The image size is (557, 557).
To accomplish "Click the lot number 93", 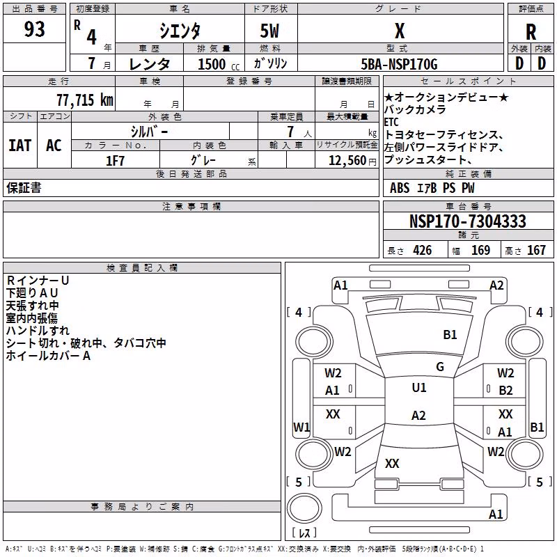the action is pyautogui.click(x=34, y=29).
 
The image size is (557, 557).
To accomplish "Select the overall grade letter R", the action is pyautogui.click(x=531, y=32).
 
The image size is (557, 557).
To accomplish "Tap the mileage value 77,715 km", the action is pyautogui.click(x=85, y=100).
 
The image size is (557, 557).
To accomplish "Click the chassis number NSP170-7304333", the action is pyautogui.click(x=467, y=221).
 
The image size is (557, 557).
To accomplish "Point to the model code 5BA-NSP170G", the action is pyautogui.click(x=399, y=64).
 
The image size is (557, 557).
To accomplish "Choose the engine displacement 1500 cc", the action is pyautogui.click(x=219, y=64).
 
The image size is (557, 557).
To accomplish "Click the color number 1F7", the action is pyautogui.click(x=115, y=161).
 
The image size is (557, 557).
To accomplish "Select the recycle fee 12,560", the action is pyautogui.click(x=347, y=161).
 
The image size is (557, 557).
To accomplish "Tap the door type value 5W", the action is pyautogui.click(x=269, y=31).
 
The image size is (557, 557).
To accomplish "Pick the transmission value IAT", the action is pyautogui.click(x=20, y=146).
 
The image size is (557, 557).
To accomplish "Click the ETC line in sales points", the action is pyautogui.click(x=391, y=123).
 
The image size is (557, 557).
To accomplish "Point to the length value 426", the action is pyautogui.click(x=423, y=250).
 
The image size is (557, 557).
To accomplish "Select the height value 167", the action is pyautogui.click(x=536, y=250).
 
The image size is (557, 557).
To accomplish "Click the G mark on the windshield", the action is pyautogui.click(x=440, y=366).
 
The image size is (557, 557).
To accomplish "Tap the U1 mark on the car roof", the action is pyautogui.click(x=419, y=388).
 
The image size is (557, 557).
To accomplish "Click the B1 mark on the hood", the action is pyautogui.click(x=450, y=335).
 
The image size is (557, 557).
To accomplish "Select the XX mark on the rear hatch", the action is pyautogui.click(x=392, y=464).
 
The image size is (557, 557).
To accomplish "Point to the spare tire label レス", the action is pyautogui.click(x=304, y=533).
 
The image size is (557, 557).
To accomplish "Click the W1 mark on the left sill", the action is pyautogui.click(x=301, y=427).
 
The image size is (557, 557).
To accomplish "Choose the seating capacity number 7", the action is pyautogui.click(x=290, y=132).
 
